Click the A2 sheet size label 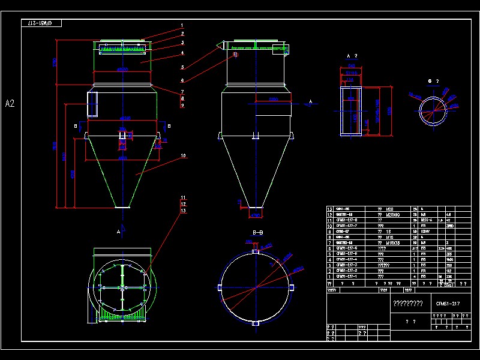[10, 103]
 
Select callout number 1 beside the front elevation [181, 26]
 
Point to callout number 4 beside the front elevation [181, 53]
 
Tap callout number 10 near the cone [183, 156]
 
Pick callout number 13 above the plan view [183, 211]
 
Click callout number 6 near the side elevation [182, 80]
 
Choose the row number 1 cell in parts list [329, 276]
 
